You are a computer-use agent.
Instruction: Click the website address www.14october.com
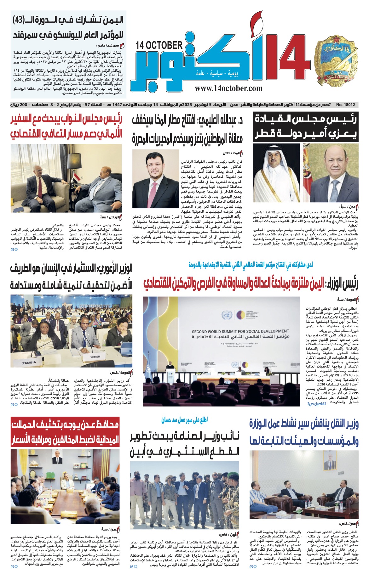coord(228,88)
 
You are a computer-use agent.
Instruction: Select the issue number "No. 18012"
coord(346,104)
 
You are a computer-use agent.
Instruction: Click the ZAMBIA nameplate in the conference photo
coord(29,363)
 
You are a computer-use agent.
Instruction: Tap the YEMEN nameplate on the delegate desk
coord(95,357)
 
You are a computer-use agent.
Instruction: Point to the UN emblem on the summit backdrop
coord(226,315)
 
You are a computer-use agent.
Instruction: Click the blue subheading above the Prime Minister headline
coord(251,265)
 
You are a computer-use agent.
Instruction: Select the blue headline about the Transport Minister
coord(304,432)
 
